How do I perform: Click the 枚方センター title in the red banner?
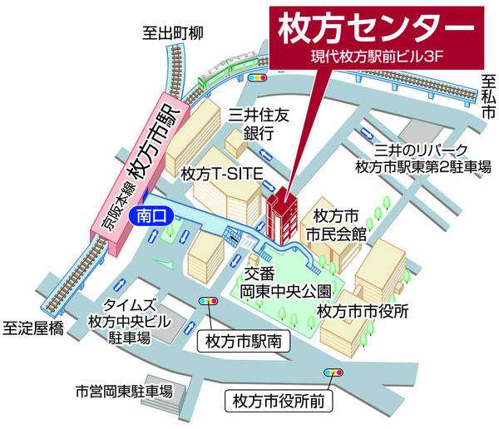(x=371, y=28)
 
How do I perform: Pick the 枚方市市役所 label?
(x=363, y=312)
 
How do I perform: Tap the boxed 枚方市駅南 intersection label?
(x=245, y=340)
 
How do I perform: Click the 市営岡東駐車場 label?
(x=124, y=391)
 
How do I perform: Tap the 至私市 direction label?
(x=488, y=96)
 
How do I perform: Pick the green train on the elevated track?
(x=220, y=73)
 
